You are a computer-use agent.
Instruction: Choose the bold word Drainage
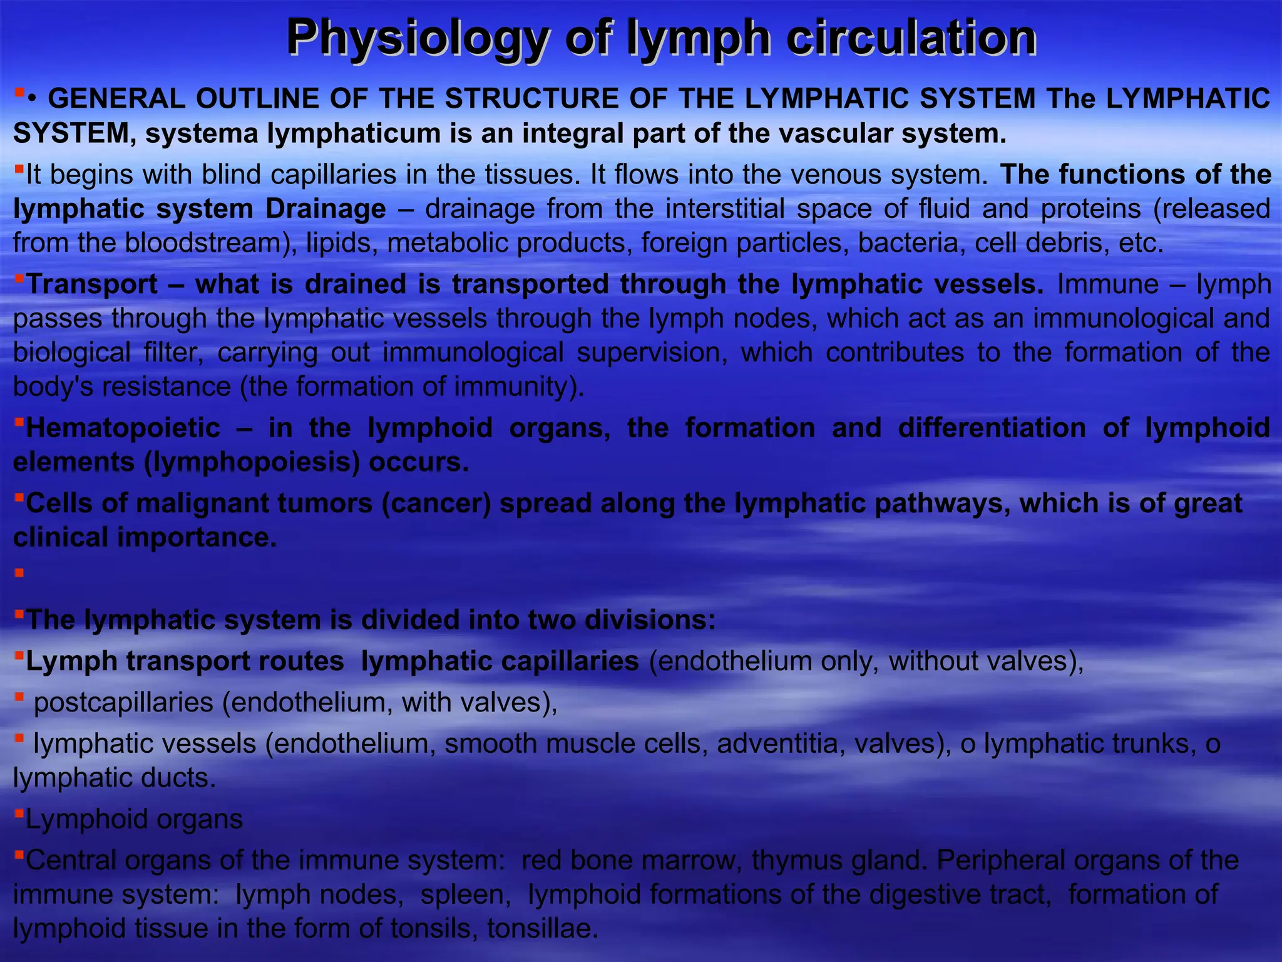click(x=326, y=209)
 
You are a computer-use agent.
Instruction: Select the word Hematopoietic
click(x=123, y=428)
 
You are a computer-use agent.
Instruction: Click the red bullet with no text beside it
click(x=19, y=573)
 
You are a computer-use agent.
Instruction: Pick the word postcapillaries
click(x=123, y=703)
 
